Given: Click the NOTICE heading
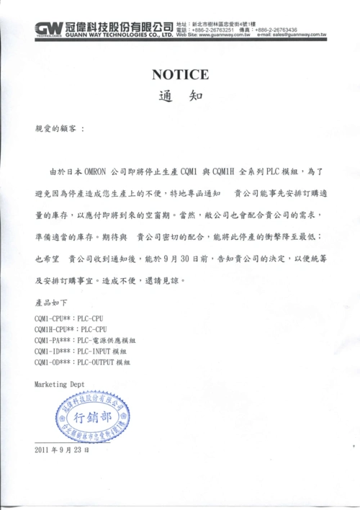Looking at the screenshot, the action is point(180,74).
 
